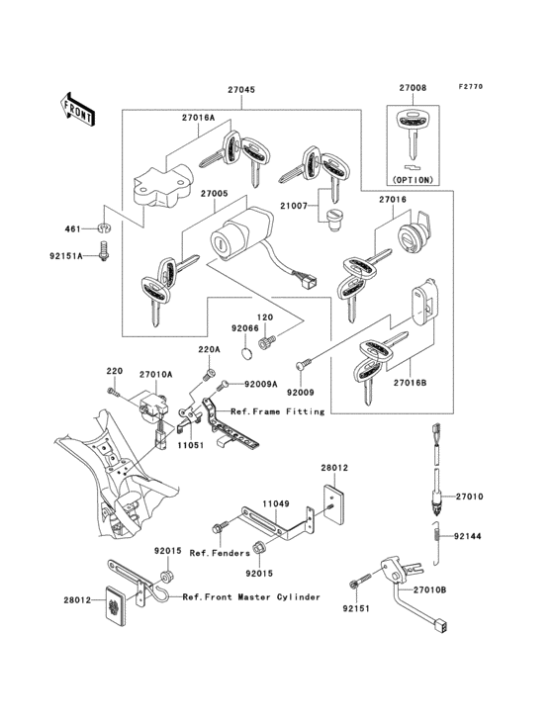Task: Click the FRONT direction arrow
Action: [x=78, y=108]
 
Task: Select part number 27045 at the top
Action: [x=240, y=90]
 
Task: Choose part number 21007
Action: [x=296, y=206]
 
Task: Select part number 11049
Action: [x=275, y=503]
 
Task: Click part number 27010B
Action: [x=429, y=590]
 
